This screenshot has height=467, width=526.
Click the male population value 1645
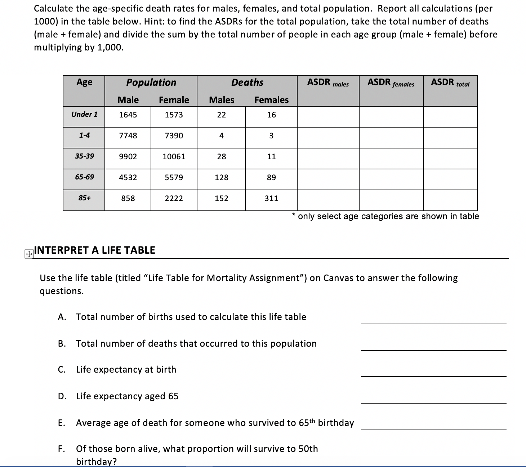tap(128, 115)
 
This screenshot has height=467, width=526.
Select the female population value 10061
tap(174, 157)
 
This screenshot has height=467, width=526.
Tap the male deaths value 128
tap(221, 178)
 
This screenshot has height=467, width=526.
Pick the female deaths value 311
tap(271, 199)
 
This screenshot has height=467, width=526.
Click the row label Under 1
tap(84, 115)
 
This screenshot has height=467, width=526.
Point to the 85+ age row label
tap(84, 198)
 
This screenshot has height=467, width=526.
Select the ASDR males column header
tap(328, 83)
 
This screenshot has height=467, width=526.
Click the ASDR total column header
tap(450, 83)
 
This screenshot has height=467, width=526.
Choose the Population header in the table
tap(151, 83)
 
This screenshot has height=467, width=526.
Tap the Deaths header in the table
tap(247, 83)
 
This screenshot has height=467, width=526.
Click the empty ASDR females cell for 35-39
tap(391, 158)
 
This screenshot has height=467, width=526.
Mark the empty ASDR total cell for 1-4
tap(450, 137)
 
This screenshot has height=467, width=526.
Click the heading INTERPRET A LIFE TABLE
tap(94, 250)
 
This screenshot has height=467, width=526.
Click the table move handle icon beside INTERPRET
tap(28, 254)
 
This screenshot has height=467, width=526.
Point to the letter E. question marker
tap(62, 423)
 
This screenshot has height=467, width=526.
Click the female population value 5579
tap(174, 178)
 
